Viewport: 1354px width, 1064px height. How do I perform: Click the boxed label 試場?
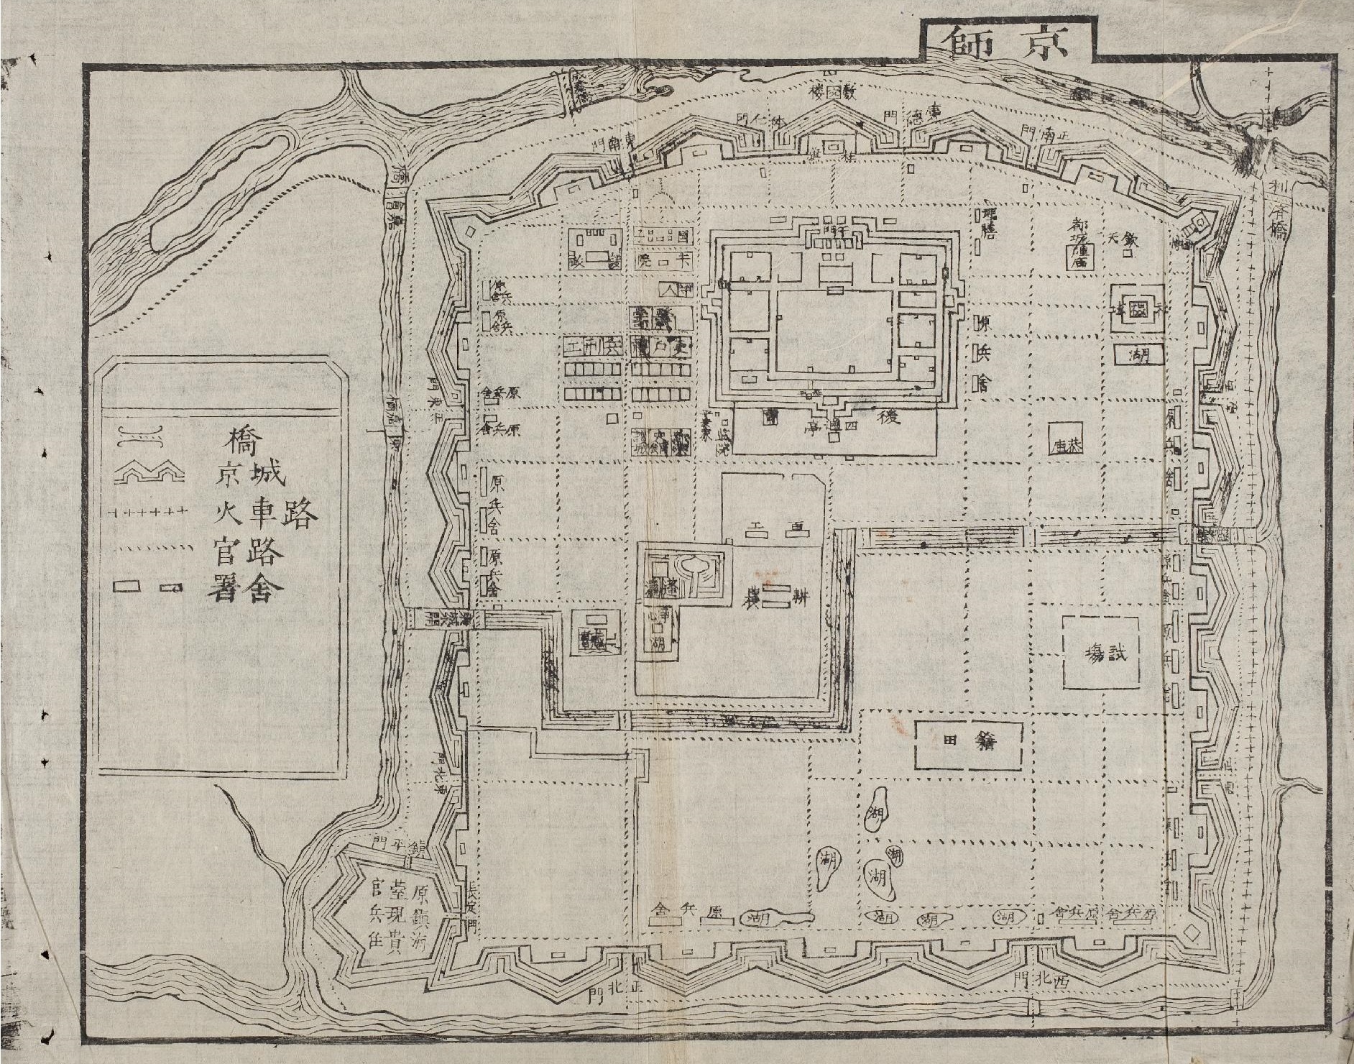point(1101,653)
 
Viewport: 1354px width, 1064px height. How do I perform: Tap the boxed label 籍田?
point(967,740)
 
